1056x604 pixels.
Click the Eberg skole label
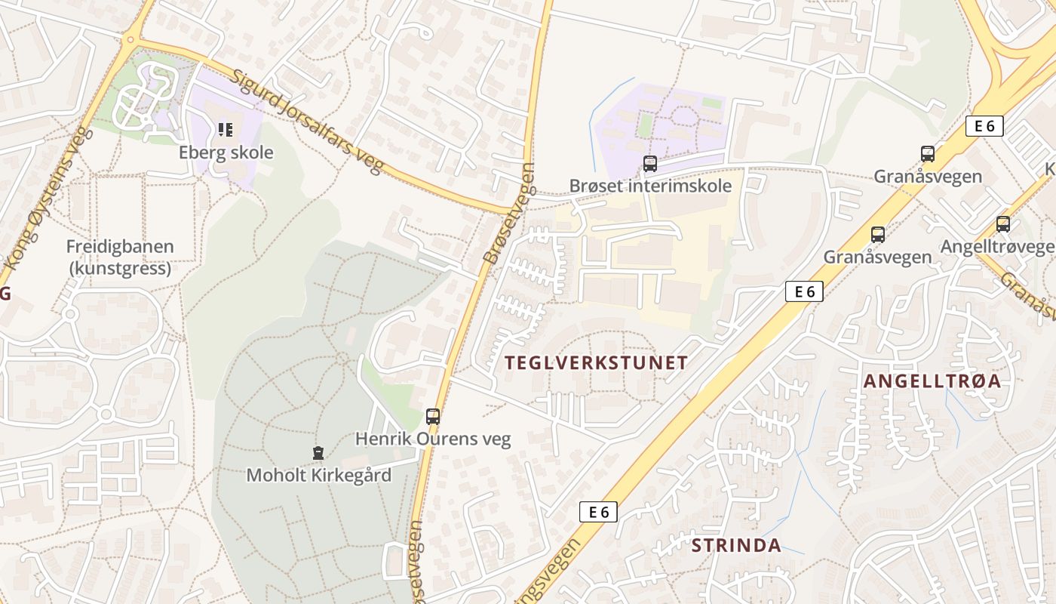[226, 153]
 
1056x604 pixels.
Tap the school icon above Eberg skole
[226, 130]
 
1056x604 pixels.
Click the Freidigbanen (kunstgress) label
[120, 257]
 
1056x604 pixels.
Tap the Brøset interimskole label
[650, 186]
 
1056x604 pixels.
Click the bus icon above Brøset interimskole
[649, 163]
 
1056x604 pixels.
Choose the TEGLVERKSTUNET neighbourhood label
[596, 363]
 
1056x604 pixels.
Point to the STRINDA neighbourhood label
[736, 546]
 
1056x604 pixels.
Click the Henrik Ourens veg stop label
[433, 439]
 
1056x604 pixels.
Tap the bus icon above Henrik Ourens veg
[433, 416]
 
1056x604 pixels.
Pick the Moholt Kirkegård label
[319, 476]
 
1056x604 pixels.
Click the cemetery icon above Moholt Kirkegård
[318, 453]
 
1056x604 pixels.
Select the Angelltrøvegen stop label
[996, 247]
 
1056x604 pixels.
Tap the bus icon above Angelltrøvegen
[1002, 224]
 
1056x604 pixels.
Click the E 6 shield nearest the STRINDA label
[599, 512]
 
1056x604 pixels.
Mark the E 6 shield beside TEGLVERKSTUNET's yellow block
[803, 291]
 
